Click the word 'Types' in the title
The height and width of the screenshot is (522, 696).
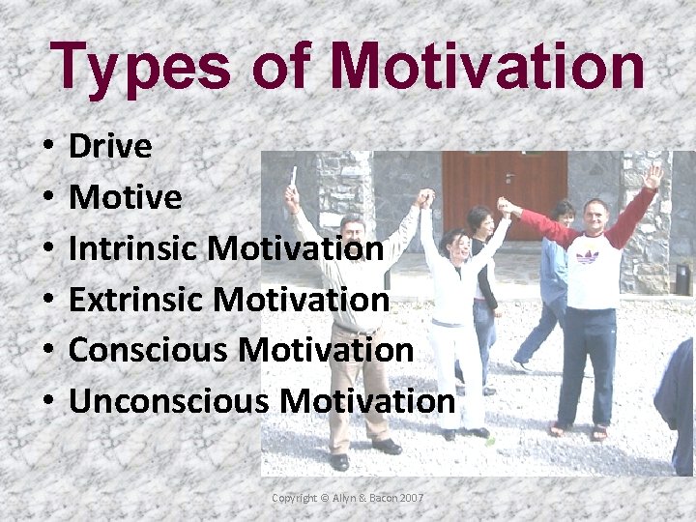pos(142,67)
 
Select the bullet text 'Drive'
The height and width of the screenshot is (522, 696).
pos(110,147)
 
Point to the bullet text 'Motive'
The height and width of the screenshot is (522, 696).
pos(125,197)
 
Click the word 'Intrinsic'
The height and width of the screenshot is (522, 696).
pos(134,248)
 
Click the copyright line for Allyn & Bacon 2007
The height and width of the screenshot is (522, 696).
pos(347,498)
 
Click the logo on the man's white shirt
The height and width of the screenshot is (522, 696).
pos(586,256)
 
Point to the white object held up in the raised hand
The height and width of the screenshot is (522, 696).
pos(293,176)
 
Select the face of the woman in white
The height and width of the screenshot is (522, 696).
pos(453,246)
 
